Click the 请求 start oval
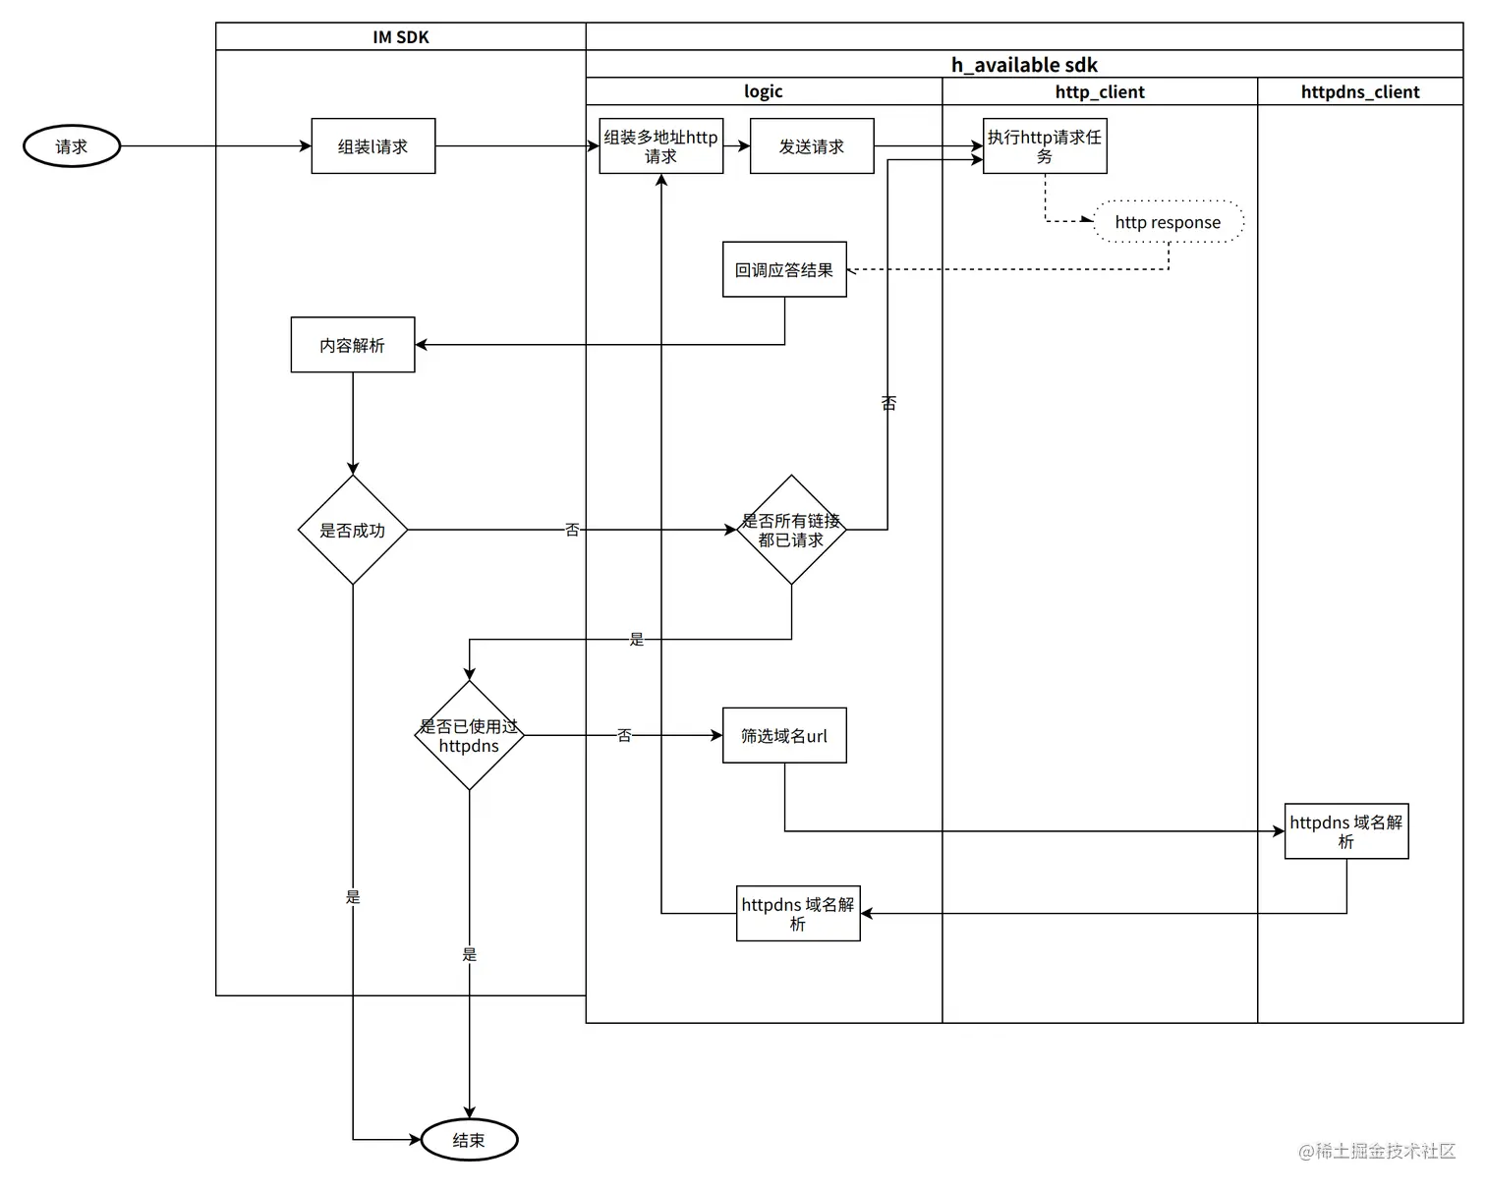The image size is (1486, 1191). (72, 146)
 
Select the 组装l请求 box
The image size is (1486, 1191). (373, 146)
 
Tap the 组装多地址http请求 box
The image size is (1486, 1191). (660, 146)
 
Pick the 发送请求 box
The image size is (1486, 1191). (812, 146)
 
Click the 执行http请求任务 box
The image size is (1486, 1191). (1045, 146)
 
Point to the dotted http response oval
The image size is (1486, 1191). (1168, 222)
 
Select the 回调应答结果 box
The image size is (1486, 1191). (784, 269)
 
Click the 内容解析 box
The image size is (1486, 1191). (353, 345)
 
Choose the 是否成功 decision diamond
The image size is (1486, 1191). (353, 530)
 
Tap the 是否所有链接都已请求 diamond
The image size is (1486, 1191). (791, 530)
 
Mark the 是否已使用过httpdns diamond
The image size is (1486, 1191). (469, 735)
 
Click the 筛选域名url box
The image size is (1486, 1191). (784, 735)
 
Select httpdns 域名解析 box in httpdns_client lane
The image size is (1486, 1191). (1346, 831)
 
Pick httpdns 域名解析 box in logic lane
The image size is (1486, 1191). (798, 914)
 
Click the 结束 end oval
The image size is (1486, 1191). (469, 1140)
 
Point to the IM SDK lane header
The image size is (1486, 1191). (401, 37)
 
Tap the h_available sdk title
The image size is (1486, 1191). (1024, 65)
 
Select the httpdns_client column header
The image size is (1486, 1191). (1360, 92)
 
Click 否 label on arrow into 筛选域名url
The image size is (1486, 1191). (624, 735)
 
